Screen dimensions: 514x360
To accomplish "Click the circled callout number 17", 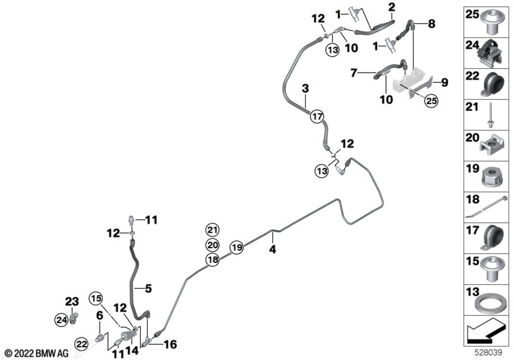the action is point(317,116).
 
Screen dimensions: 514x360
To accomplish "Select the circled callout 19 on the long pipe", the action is point(237,247).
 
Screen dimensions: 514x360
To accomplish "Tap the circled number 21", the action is point(213,230).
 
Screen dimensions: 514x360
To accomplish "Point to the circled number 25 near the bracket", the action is point(431,101).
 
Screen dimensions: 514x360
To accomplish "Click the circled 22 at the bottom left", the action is point(82,344).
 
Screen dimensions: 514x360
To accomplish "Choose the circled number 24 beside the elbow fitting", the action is point(62,319).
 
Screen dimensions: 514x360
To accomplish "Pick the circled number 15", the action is point(96,299).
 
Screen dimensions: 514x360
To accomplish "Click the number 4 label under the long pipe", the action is point(272,249).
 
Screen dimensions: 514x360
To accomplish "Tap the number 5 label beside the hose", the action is point(148,289).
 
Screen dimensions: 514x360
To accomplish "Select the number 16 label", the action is point(170,345).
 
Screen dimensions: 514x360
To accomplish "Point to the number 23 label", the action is point(72,301).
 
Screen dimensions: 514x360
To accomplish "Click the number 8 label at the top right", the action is point(431,24).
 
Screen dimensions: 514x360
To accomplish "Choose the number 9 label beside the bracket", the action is point(444,82).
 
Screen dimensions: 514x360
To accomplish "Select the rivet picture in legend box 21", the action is point(490,115).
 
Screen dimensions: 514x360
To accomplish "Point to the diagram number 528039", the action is point(489,353).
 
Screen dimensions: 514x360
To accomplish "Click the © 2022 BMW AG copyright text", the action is point(37,354).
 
